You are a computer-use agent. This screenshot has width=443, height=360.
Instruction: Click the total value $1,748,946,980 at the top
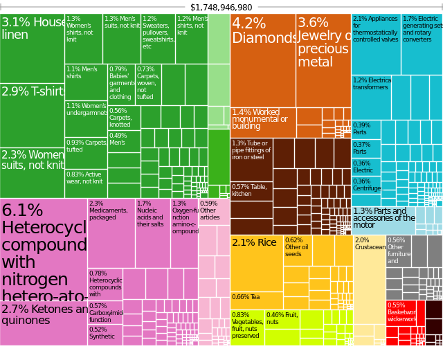tap(221, 7)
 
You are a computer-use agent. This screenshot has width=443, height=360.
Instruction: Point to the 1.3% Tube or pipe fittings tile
tap(251, 159)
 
